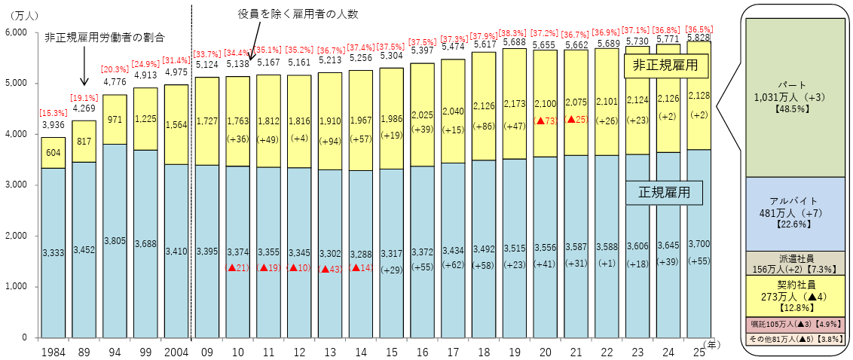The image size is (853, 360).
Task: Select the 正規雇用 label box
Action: point(664,193)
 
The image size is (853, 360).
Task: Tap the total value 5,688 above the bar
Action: point(515,43)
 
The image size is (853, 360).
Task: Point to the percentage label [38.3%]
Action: point(515,33)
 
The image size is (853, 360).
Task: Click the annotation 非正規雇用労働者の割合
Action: point(104,37)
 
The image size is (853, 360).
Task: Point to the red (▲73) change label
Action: point(546,120)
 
